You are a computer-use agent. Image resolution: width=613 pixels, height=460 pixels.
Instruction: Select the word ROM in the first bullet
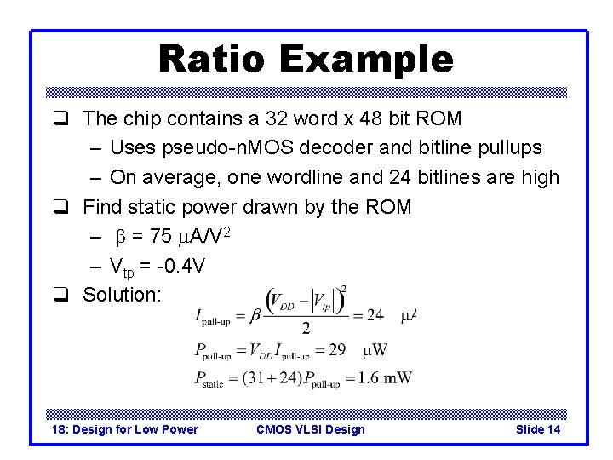439,118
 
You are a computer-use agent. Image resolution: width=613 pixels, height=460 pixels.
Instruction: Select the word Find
102,207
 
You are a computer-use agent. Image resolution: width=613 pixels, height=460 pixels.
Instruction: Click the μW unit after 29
375,349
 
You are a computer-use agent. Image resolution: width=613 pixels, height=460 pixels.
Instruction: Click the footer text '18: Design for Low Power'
124,429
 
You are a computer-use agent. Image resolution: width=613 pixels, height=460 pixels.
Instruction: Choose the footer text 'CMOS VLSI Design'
310,429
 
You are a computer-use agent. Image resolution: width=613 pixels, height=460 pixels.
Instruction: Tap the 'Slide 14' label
538,429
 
